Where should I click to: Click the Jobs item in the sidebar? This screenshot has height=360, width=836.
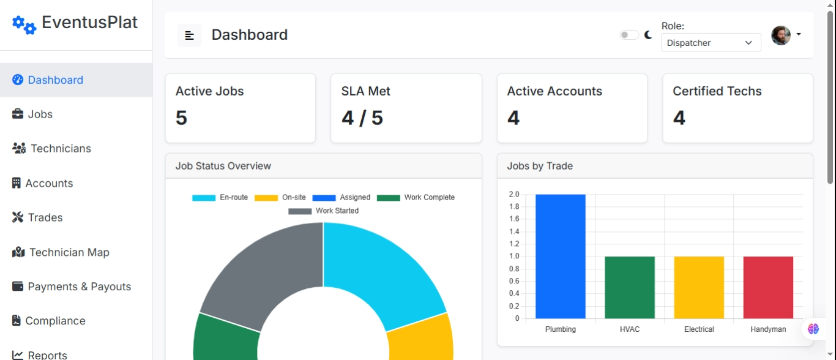coord(40,114)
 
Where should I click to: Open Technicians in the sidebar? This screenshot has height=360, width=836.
coord(60,149)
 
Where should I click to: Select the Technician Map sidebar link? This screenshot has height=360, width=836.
coord(69,252)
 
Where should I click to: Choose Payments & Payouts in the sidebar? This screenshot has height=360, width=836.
coord(79,287)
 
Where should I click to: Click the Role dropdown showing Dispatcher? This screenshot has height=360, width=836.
coord(711,43)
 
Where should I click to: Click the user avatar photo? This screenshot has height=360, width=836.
coord(780,36)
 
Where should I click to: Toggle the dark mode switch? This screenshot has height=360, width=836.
coord(629,35)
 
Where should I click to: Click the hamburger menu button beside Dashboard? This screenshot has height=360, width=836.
coord(189,36)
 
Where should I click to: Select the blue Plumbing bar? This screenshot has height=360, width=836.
coord(560,257)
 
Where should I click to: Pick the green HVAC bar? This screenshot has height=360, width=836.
coord(629,288)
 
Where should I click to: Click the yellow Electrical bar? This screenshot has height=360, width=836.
coord(699,288)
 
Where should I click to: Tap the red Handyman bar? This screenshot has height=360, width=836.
coord(768,288)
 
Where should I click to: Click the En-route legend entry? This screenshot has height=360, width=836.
coord(220,198)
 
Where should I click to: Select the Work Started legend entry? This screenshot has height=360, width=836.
coord(324,211)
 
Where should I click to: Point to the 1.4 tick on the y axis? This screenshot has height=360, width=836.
coord(514,231)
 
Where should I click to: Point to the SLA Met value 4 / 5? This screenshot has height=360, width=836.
coord(362,118)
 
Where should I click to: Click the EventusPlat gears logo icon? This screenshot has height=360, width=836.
coord(24,24)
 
